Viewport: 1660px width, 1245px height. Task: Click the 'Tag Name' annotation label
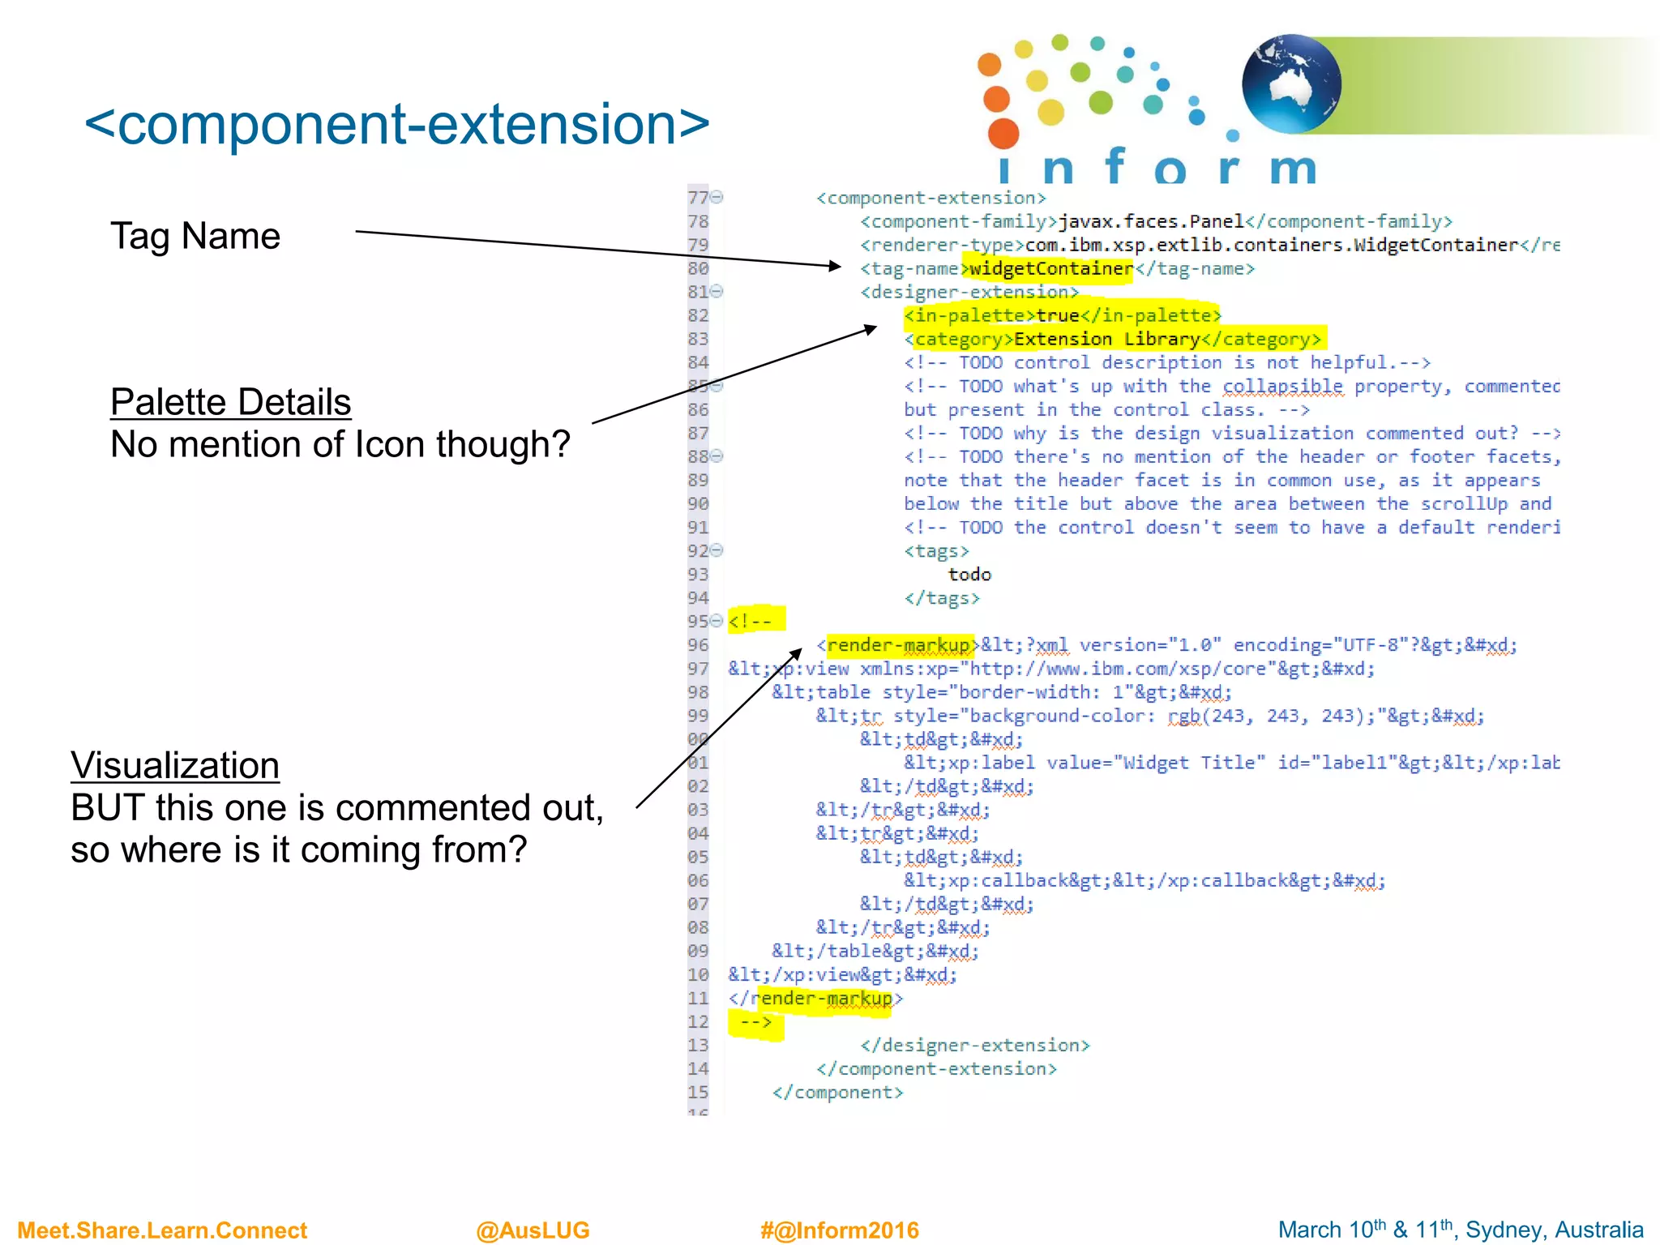pos(195,236)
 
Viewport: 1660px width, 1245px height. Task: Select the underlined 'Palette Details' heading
pos(230,402)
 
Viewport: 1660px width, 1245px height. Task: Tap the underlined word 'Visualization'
pos(175,765)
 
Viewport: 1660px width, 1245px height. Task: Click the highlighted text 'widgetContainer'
pos(1050,268)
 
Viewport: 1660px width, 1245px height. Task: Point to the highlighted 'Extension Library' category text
pos(1107,339)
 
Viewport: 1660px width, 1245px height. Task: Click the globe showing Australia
pos(1291,83)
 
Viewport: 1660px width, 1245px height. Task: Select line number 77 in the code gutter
pos(697,198)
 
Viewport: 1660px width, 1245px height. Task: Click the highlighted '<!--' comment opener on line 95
pos(752,622)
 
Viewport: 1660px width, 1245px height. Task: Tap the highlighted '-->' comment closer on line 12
pos(755,1022)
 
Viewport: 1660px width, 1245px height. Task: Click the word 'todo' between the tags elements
pos(969,575)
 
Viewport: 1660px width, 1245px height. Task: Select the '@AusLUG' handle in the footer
pos(533,1230)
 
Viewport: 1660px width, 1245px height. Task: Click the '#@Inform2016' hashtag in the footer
pos(839,1230)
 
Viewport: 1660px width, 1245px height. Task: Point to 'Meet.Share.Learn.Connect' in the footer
pos(162,1230)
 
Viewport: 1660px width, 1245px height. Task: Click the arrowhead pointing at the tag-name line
pos(836,265)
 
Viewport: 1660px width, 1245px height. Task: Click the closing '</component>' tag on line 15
pos(837,1093)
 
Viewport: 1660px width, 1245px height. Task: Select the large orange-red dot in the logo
pos(1003,133)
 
